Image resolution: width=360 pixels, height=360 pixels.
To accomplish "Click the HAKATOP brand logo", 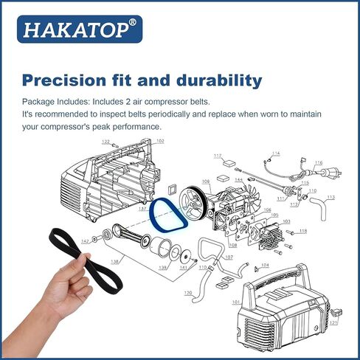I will (82, 30).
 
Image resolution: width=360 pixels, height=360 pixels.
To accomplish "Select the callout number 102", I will (159, 141).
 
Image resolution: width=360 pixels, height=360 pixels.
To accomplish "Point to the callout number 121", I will (333, 323).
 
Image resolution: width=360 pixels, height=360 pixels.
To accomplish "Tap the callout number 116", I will (319, 163).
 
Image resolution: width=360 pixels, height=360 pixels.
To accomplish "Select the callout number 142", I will (85, 241).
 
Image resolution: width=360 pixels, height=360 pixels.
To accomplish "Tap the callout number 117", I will (218, 156).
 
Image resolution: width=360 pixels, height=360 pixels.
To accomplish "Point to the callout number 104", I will (265, 265).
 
